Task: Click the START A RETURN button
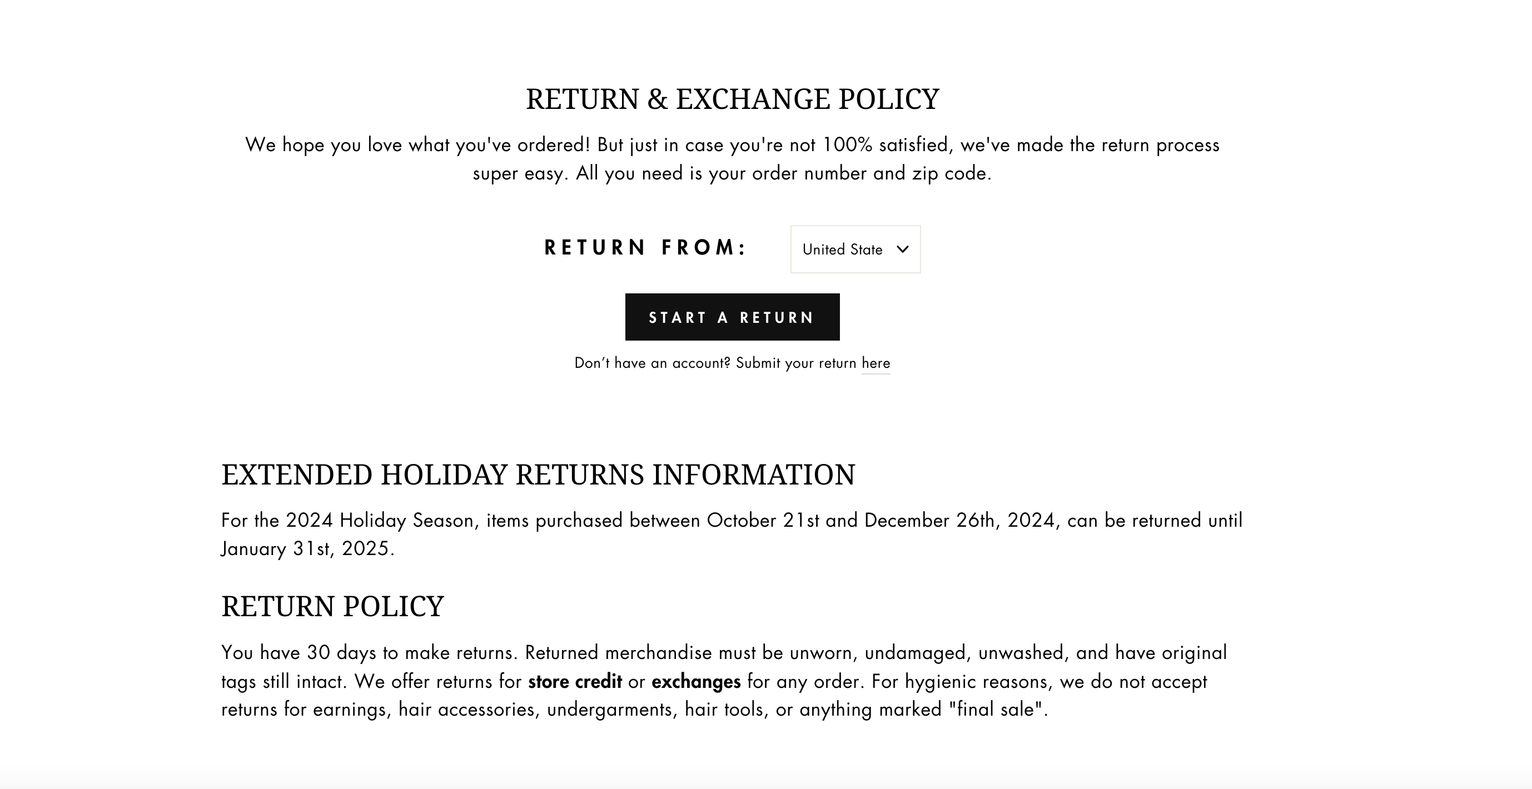[732, 317]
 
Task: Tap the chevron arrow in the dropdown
[902, 249]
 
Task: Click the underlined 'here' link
[876, 363]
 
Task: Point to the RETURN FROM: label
[646, 248]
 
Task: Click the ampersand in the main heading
[657, 99]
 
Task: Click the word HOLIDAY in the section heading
[444, 475]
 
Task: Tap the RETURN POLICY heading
[332, 606]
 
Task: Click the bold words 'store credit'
[575, 681]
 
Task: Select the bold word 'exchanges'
[696, 681]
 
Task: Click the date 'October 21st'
[763, 521]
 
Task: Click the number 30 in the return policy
[318, 653]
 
